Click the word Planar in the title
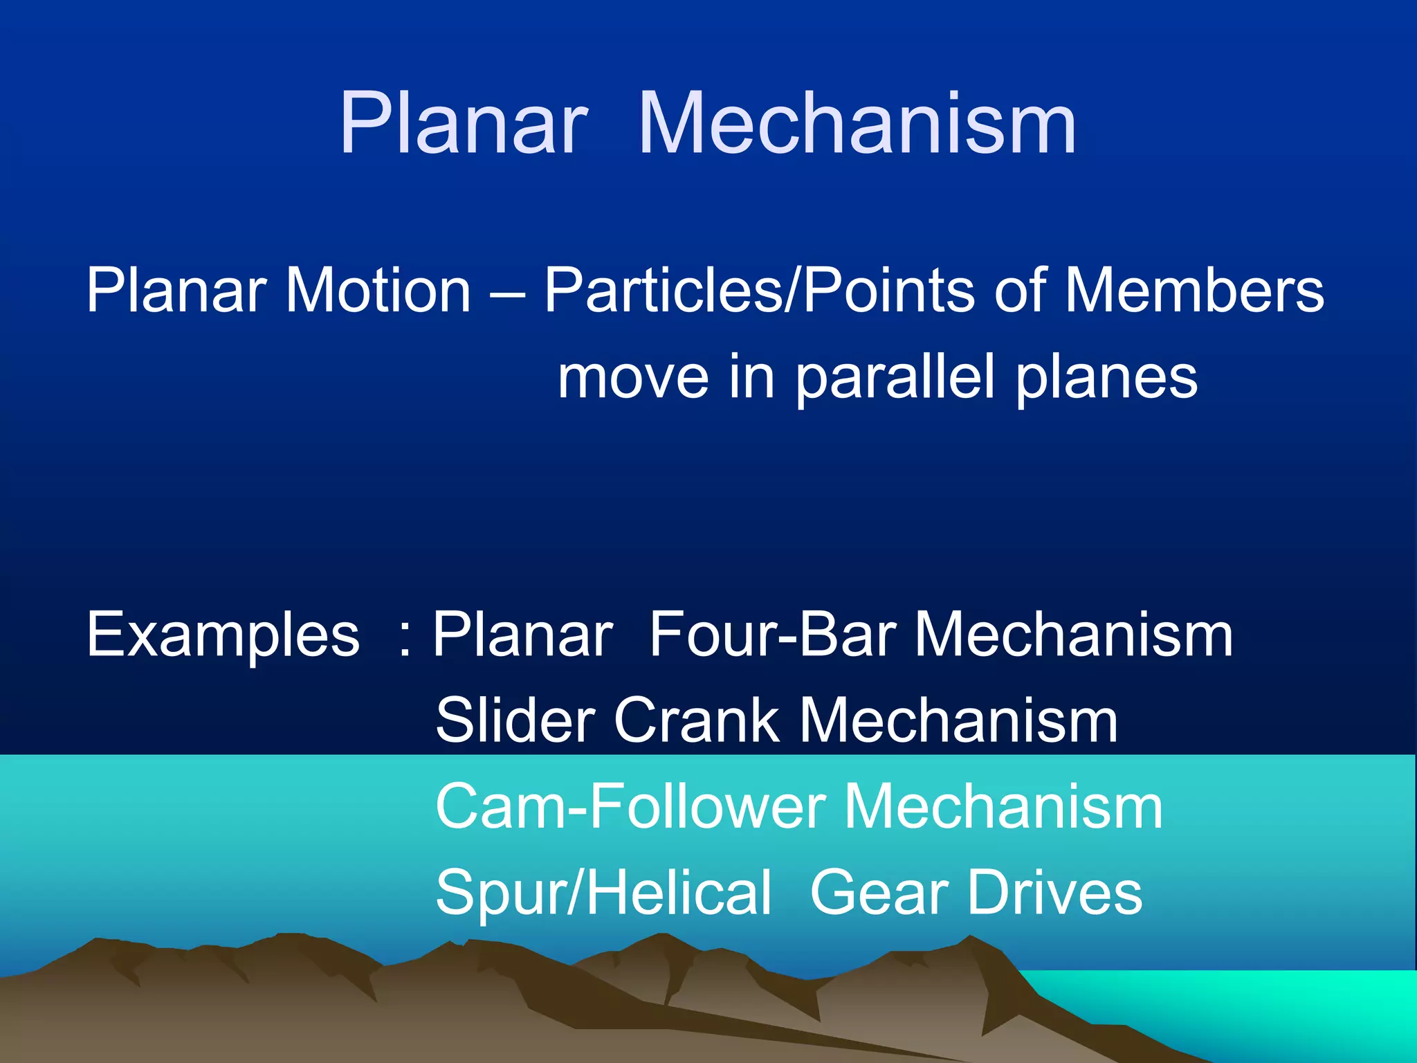463,125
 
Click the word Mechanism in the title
857,125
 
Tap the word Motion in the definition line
378,291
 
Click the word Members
1194,291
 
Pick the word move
633,378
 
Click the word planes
1106,378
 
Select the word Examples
223,635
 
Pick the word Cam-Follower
630,807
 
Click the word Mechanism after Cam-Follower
1004,807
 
